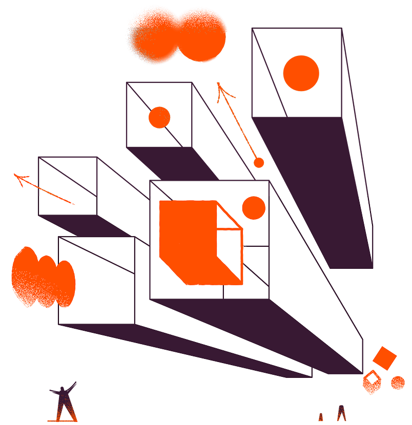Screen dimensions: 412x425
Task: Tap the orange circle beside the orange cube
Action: tap(253, 208)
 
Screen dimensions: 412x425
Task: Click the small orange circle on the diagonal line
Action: tap(159, 117)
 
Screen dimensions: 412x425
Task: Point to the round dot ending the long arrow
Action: tap(259, 163)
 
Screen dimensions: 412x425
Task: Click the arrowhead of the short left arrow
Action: tap(20, 178)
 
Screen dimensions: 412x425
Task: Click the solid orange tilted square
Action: tap(385, 358)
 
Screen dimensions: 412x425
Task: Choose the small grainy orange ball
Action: tap(398, 382)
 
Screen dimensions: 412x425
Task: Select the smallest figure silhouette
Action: tap(321, 417)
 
